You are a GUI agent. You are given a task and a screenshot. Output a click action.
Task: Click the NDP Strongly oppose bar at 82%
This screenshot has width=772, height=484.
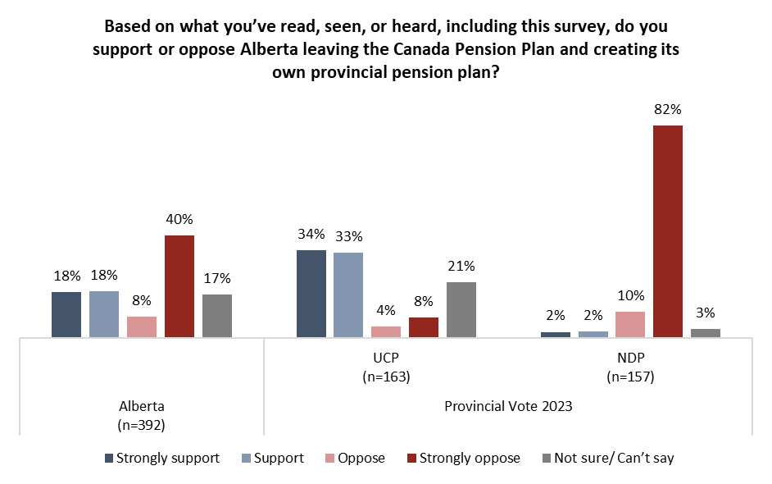coord(668,231)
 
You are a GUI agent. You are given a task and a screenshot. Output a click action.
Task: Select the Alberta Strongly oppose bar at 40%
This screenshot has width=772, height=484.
coord(179,286)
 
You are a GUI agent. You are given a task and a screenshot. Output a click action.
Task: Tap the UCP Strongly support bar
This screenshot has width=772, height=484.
coord(311,294)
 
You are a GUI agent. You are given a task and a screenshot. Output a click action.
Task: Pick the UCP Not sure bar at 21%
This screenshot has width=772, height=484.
coord(461,309)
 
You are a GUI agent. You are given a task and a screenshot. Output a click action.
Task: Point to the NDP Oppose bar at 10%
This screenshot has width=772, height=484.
coord(630,324)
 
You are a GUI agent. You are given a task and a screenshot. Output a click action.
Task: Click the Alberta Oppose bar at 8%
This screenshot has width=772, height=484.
coord(142,326)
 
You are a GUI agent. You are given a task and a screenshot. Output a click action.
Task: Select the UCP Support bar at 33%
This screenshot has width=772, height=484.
coord(348,295)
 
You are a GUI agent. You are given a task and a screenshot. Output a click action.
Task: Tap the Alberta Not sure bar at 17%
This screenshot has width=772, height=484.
coord(217,316)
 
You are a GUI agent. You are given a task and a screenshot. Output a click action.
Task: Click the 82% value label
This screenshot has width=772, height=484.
coord(668,109)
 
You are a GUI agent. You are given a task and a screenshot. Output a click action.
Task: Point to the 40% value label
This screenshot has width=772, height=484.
coord(179,219)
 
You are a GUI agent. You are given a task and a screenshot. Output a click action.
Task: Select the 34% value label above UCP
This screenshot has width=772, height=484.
coord(311,234)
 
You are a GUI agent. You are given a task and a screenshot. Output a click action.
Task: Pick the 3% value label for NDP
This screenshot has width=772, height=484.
coord(706,313)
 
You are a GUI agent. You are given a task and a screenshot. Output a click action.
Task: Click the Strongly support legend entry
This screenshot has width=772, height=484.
coord(162,458)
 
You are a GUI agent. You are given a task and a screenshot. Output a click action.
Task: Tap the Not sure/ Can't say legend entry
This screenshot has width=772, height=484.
coord(606,458)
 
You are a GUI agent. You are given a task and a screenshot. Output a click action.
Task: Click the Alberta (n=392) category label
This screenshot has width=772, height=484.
coord(142,413)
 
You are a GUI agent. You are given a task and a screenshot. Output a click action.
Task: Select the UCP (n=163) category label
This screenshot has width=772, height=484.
coord(385,369)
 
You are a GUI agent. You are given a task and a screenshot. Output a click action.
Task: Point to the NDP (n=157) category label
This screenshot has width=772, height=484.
coord(629,369)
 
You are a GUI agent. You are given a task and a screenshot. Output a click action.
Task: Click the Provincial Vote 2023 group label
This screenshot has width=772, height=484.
coord(507,406)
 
